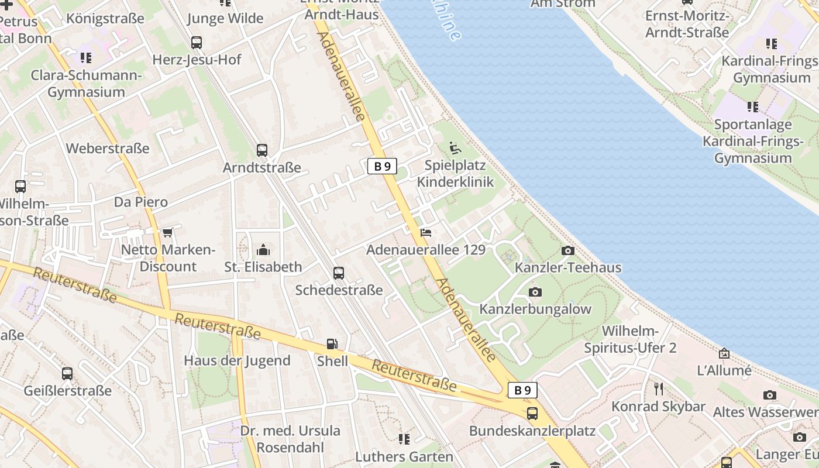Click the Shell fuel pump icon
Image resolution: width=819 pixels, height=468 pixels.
332,345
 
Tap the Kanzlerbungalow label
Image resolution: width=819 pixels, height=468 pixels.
535,309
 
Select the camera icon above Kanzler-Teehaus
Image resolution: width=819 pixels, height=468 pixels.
567,250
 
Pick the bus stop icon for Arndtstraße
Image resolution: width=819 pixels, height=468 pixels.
262,150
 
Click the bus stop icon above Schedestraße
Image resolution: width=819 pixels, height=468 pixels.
339,273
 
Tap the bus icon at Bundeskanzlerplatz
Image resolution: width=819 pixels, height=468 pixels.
532,414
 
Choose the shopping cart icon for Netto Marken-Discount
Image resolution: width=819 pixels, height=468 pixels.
168,233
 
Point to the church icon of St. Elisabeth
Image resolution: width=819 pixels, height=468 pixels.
263,250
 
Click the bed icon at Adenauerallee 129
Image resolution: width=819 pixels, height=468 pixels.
426,233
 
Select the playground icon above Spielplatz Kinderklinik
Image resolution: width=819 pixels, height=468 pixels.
455,147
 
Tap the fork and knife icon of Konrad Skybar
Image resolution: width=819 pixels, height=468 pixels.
659,388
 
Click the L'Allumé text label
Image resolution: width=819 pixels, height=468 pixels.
724,370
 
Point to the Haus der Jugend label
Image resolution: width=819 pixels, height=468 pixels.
237,360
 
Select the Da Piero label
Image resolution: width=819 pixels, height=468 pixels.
140,202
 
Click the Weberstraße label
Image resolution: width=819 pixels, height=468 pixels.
108,148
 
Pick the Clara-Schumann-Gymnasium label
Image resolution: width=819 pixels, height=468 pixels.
86,84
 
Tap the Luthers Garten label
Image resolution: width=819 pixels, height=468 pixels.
404,456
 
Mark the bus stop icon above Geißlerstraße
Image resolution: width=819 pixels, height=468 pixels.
67,373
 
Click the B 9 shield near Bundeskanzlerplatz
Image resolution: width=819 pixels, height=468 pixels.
522,390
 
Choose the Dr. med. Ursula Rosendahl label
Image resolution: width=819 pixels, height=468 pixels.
290,439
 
